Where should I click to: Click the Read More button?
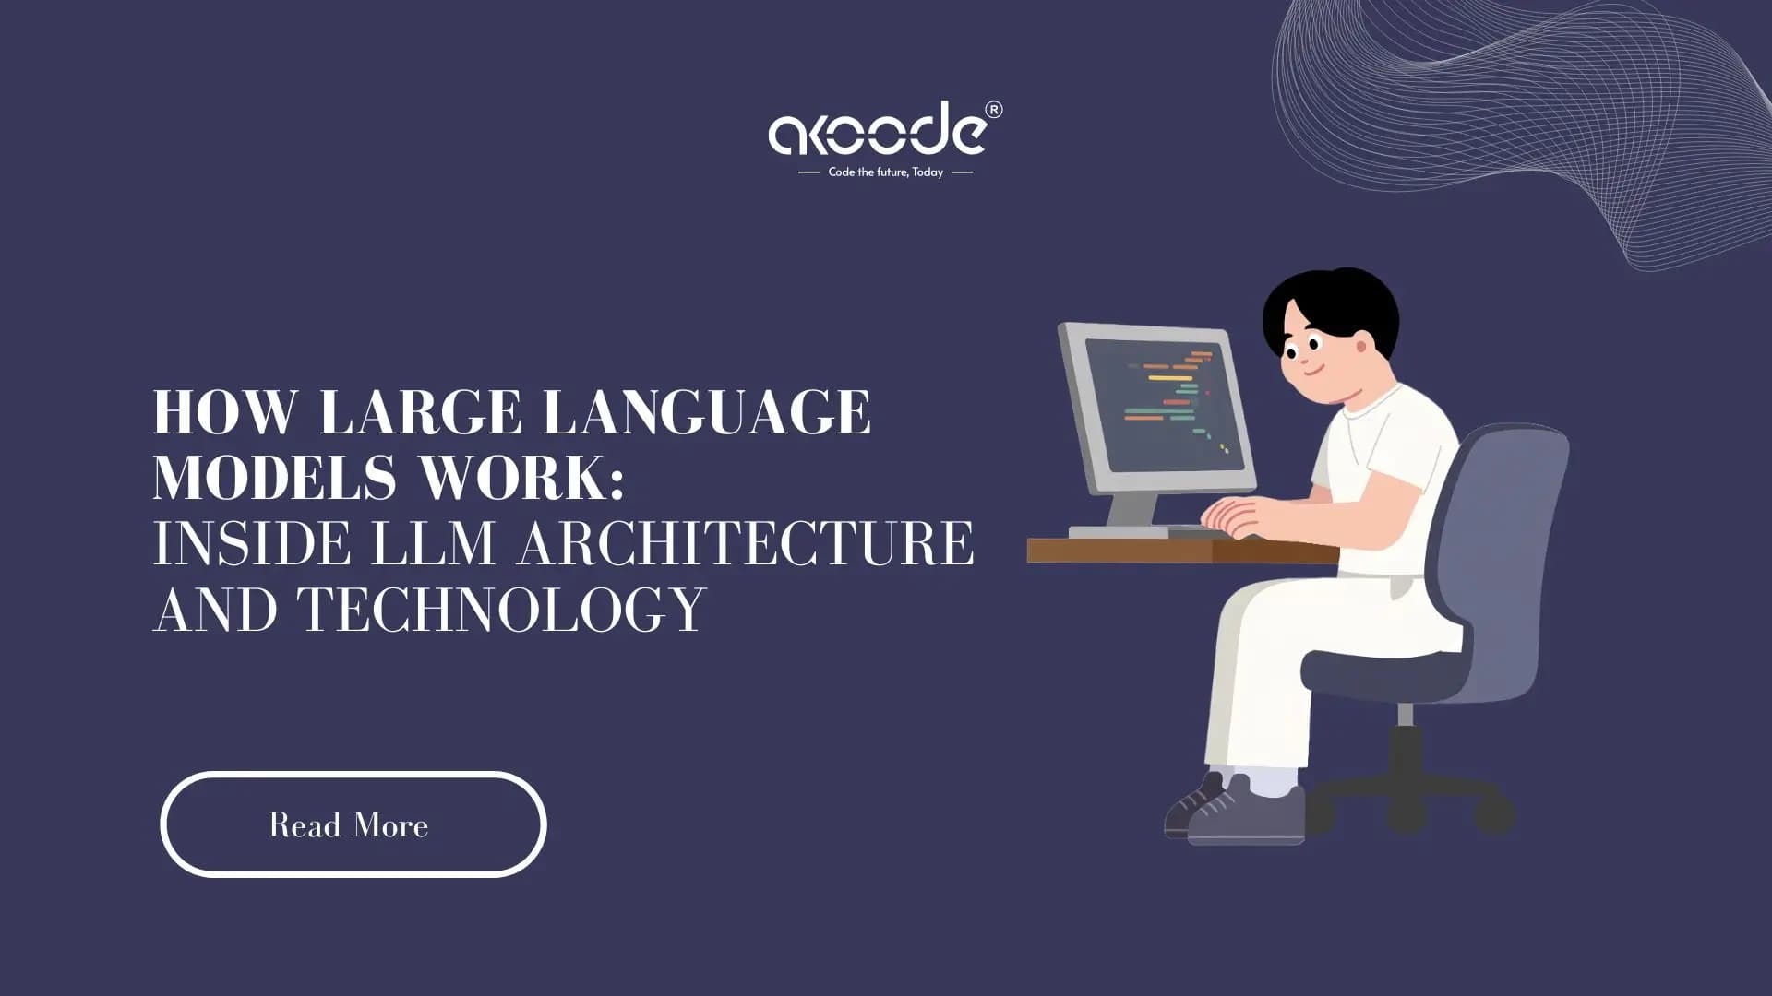(x=353, y=824)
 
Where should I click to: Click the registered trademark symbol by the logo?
(x=993, y=110)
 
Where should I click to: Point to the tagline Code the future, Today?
(x=885, y=172)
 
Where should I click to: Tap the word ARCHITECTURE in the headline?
(x=746, y=543)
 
